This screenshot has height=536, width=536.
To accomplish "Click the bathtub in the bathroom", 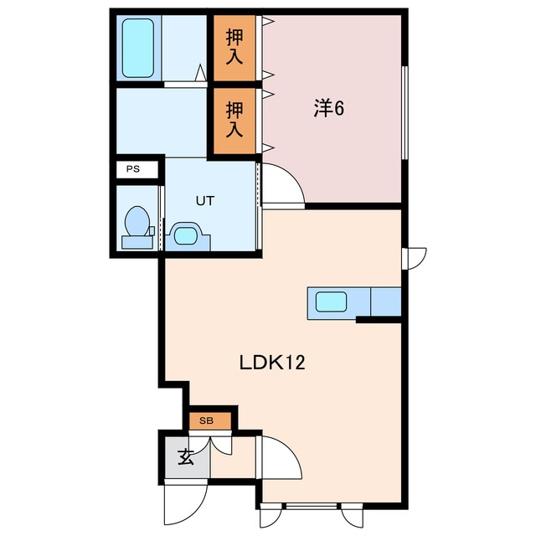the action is coord(137,48).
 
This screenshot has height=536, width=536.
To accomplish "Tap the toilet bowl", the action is coord(137,221).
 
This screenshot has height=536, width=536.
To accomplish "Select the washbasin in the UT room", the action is coord(187,235).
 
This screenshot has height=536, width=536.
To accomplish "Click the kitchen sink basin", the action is coord(331,301).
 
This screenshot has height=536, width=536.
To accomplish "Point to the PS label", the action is coord(133,169).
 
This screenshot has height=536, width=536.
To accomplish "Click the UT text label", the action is coord(204,201).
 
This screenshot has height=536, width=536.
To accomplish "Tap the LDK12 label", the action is coord(271,363).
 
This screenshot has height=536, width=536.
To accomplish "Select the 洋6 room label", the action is coord(329,109).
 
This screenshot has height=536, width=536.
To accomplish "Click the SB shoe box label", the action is coord(206,420).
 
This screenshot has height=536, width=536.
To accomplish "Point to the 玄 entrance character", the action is coord(186,456).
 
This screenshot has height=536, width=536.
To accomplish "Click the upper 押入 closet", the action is coord(234,48).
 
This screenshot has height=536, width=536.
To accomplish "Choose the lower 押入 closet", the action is coord(234,121).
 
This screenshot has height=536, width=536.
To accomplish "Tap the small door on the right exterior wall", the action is coord(415,259).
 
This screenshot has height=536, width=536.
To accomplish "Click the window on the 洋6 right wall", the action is coord(405,112).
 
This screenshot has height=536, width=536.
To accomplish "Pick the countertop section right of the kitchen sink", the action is coord(386,301).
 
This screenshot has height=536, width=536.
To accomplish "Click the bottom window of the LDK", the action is coord(312,506).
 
